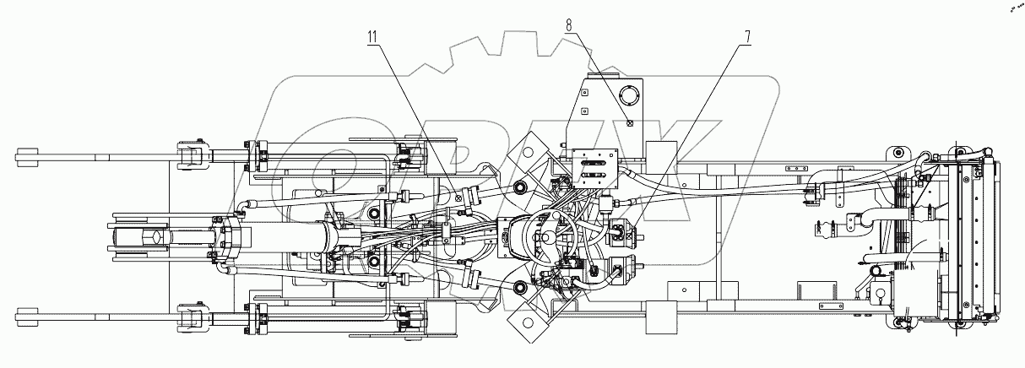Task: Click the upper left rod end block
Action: tap(27, 155)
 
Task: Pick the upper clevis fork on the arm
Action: tap(192, 155)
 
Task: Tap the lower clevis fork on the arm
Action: tap(192, 318)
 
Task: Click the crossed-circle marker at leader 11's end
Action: tap(458, 198)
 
